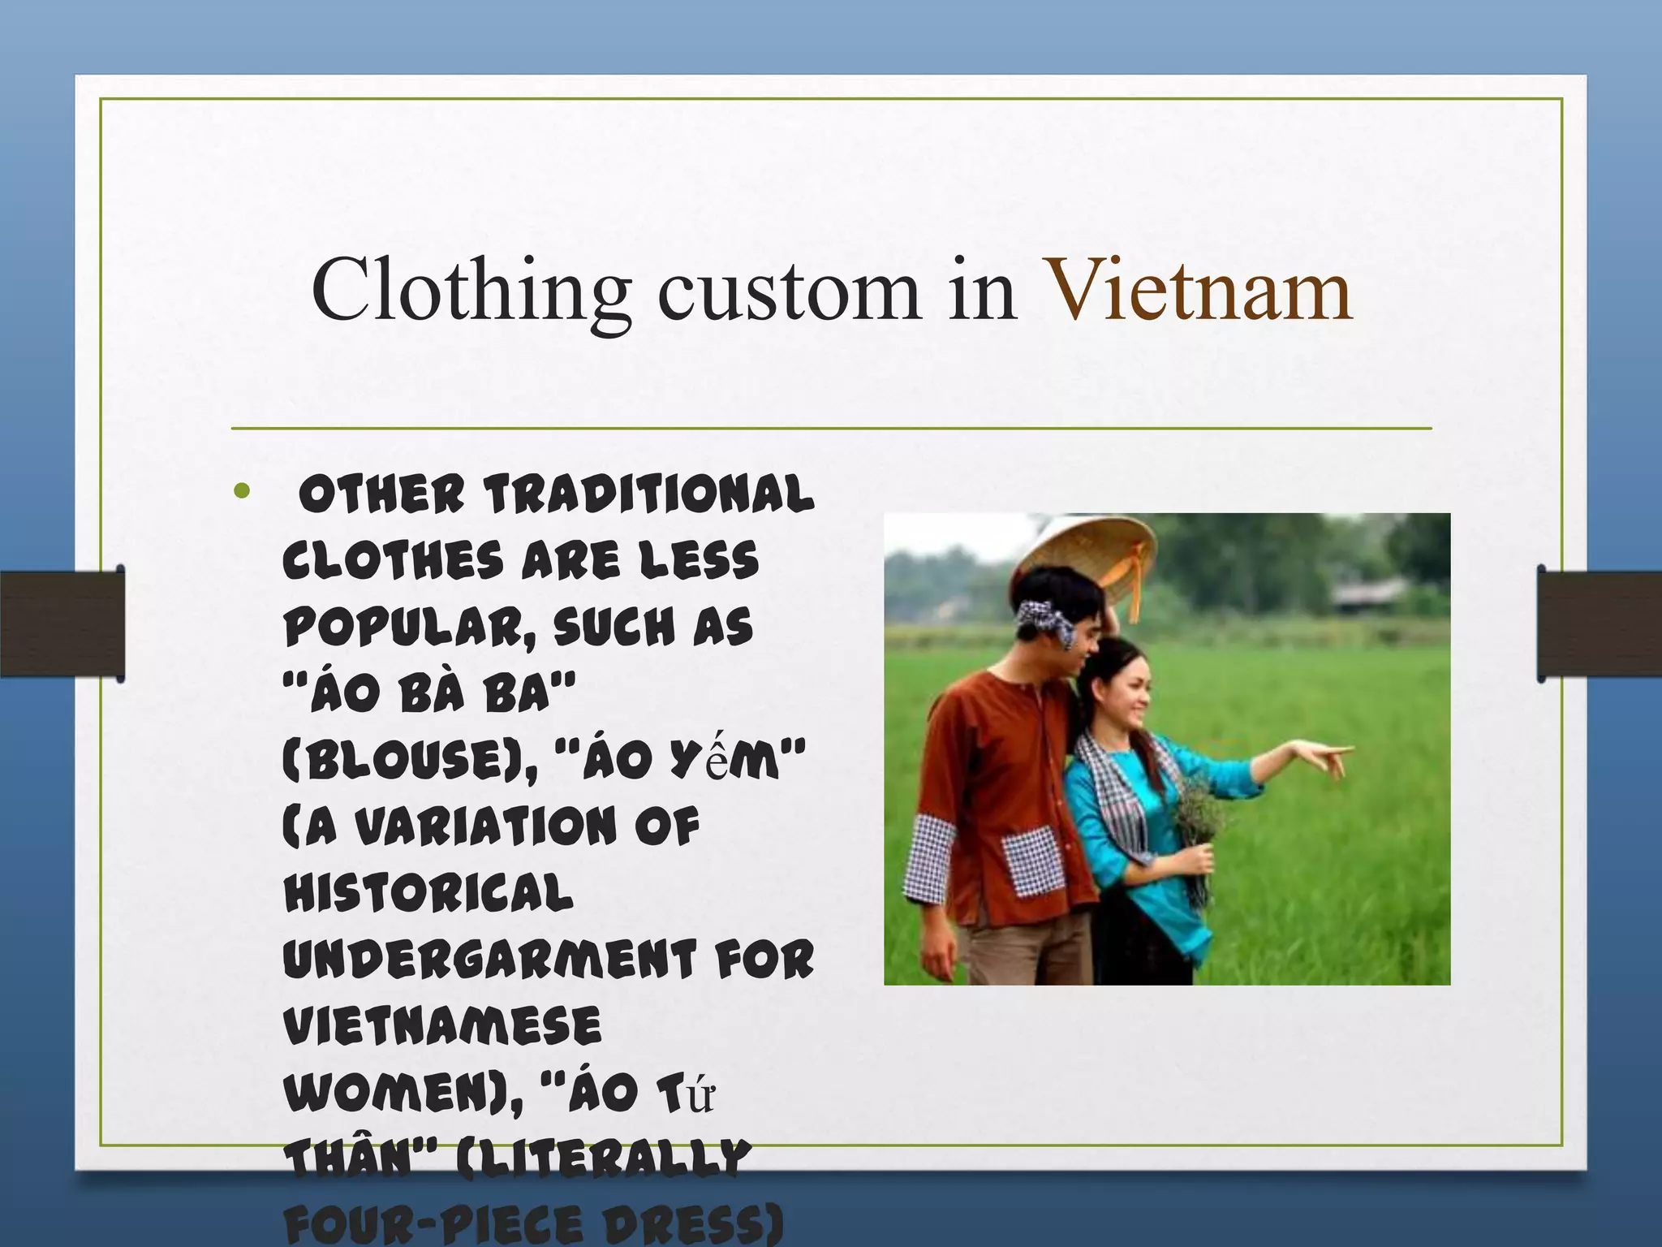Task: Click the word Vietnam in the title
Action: (x=1199, y=291)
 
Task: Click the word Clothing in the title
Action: (x=471, y=291)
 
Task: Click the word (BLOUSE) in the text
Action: (x=406, y=761)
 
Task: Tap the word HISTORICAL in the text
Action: (x=428, y=893)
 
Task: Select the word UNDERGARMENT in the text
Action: (x=489, y=960)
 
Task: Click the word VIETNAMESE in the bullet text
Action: (x=442, y=1026)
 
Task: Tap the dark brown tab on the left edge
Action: (x=62, y=623)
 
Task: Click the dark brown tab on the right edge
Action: (x=1599, y=623)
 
